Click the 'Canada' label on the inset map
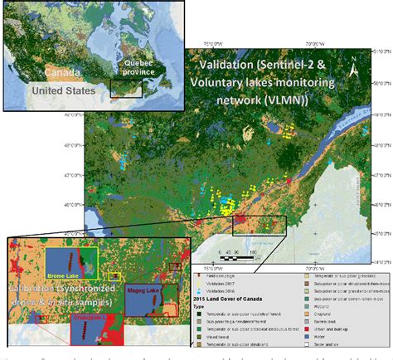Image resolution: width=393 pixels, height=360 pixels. coord(39,72)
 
